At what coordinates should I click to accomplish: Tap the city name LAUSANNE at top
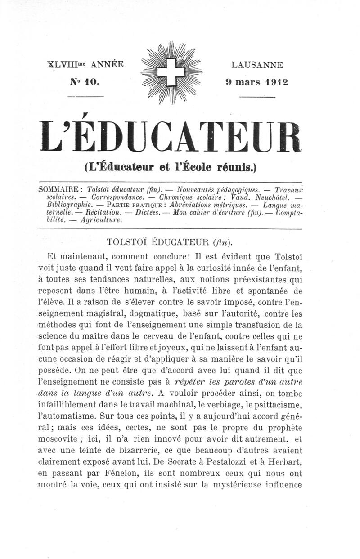point(257,65)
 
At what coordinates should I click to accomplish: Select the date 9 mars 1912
point(257,82)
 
